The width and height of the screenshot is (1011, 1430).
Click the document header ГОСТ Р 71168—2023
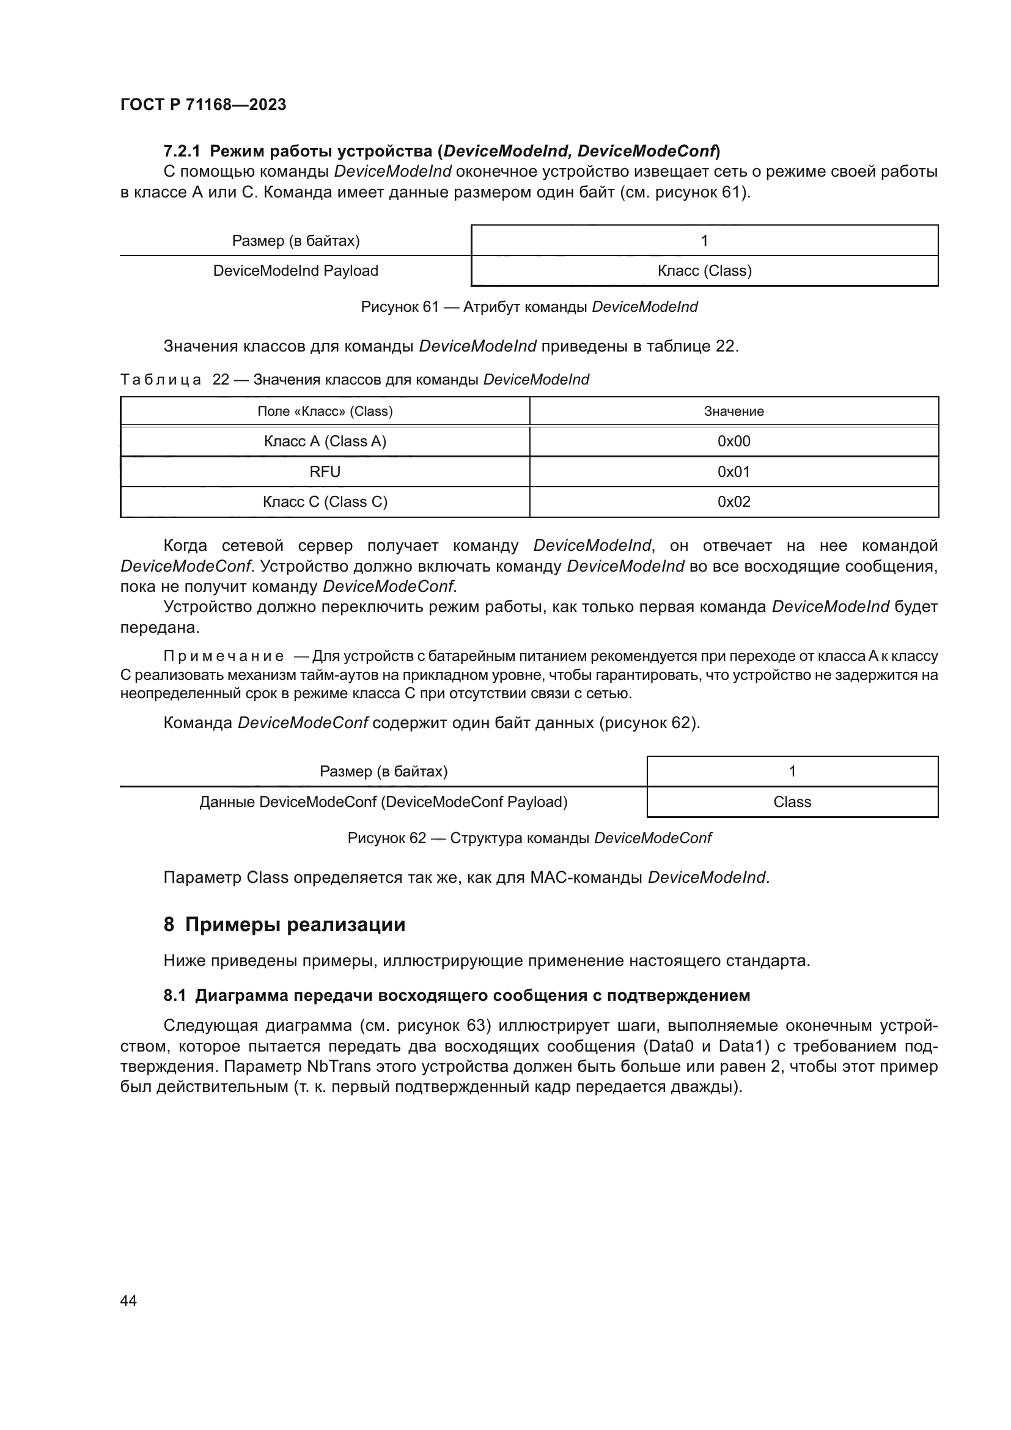(203, 105)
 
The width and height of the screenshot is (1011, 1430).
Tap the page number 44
(128, 1300)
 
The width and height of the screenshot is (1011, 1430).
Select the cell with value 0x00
(733, 441)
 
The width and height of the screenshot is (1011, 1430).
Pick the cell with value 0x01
(733, 472)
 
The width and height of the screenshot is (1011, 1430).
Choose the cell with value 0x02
(733, 502)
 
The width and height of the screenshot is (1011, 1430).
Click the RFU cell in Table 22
(325, 472)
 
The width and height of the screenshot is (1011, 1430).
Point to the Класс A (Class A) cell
(325, 441)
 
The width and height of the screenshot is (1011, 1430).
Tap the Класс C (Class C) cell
(325, 502)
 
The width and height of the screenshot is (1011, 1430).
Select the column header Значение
(733, 411)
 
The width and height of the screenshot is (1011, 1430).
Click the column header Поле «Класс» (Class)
(325, 411)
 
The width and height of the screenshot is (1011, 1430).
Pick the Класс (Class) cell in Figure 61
(704, 271)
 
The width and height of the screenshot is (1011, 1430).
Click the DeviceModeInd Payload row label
(295, 271)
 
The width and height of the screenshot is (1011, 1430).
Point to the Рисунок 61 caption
(529, 307)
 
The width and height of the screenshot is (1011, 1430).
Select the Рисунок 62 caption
(529, 838)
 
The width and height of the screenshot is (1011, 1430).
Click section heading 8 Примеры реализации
(284, 925)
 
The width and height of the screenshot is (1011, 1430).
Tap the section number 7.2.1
(182, 152)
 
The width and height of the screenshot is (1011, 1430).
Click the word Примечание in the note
(224, 657)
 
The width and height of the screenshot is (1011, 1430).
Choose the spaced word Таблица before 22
(160, 380)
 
